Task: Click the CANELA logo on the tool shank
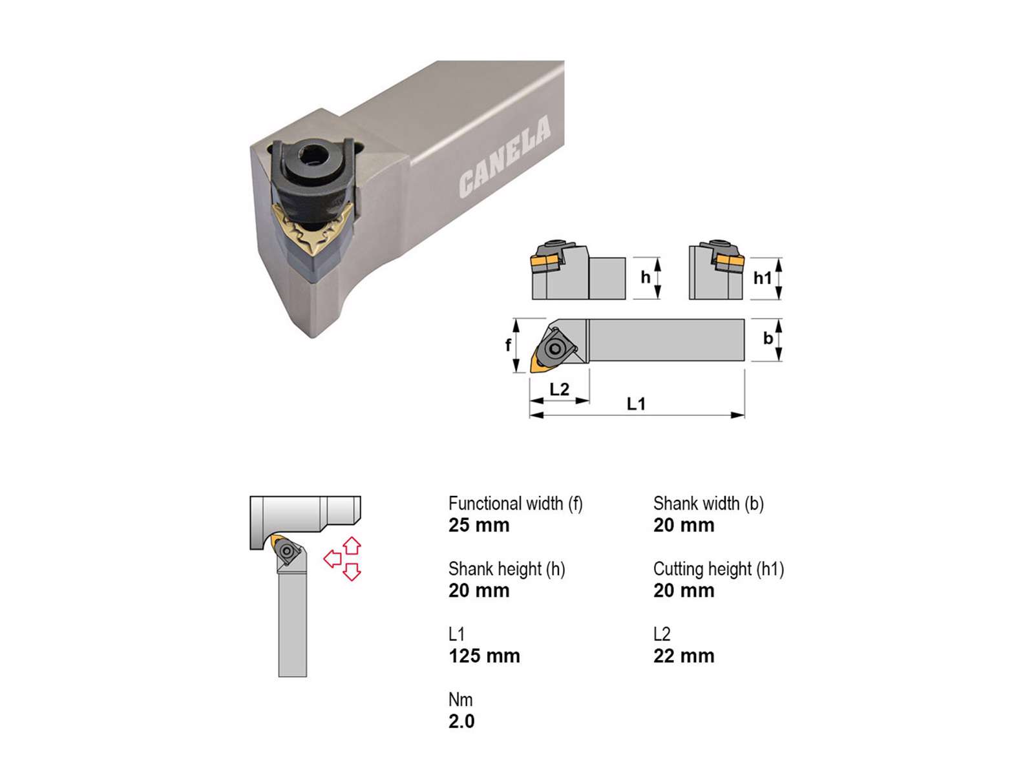[505, 156]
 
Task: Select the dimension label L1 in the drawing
[636, 404]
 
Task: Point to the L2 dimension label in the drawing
[560, 389]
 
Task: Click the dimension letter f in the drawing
[509, 345]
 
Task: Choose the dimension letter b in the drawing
[768, 338]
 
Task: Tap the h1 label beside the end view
[762, 278]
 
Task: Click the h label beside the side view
[646, 277]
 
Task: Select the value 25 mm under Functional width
[479, 525]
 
